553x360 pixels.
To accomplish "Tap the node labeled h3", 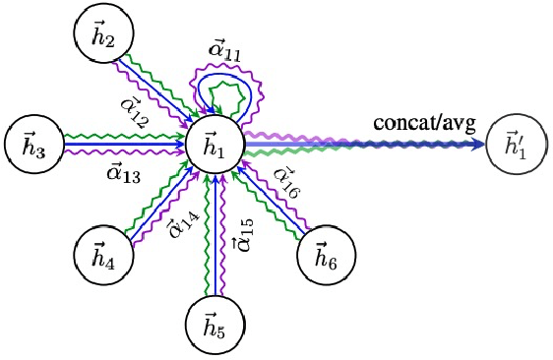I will [32, 146].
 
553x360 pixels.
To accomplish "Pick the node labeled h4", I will [102, 255].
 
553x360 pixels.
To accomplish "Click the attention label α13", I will [125, 175].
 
